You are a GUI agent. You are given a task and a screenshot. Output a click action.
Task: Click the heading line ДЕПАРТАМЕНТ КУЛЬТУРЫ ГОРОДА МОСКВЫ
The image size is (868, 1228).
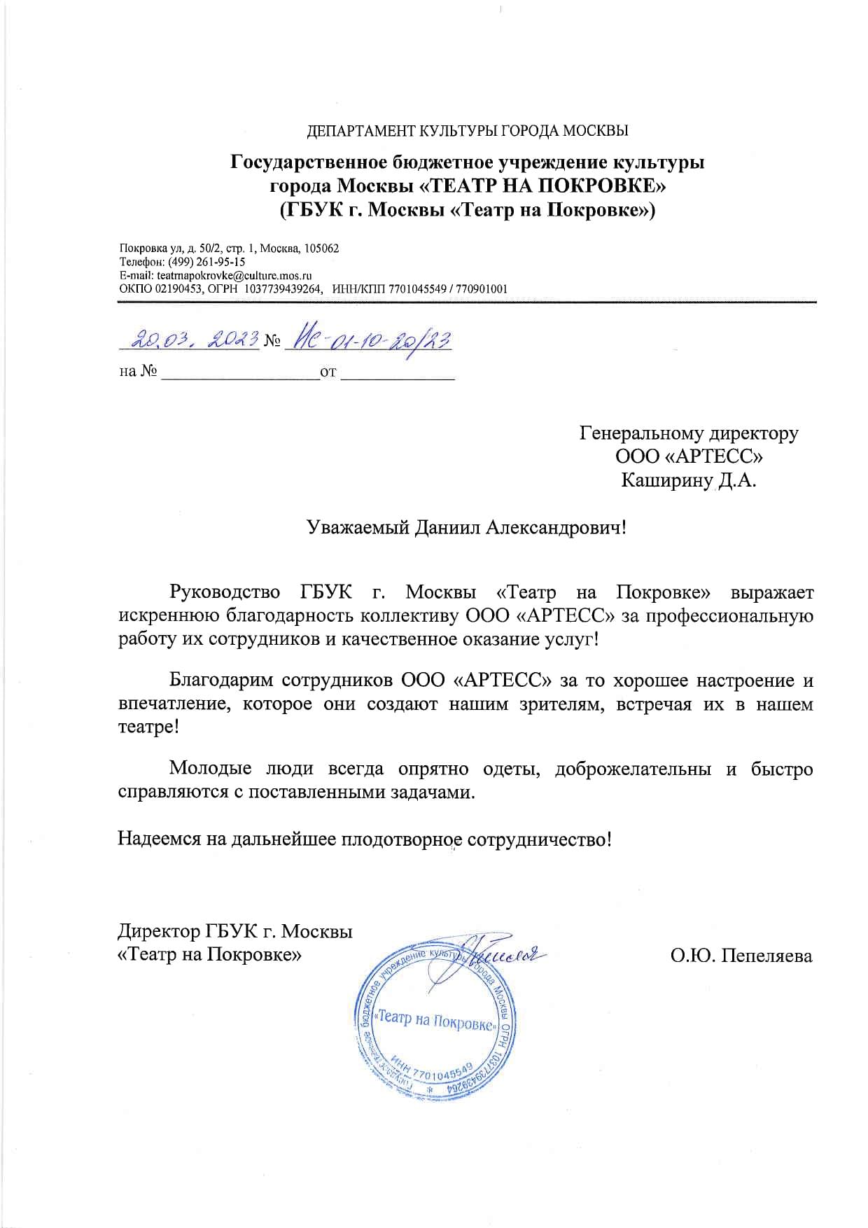(468, 131)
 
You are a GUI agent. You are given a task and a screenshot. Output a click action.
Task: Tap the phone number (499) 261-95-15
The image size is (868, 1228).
(206, 262)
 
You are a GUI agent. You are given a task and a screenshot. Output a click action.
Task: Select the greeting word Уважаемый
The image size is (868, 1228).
(358, 527)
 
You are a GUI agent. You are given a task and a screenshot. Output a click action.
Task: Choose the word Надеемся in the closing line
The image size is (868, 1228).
(155, 839)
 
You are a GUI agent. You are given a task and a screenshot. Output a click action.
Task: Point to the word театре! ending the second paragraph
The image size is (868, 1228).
(148, 727)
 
